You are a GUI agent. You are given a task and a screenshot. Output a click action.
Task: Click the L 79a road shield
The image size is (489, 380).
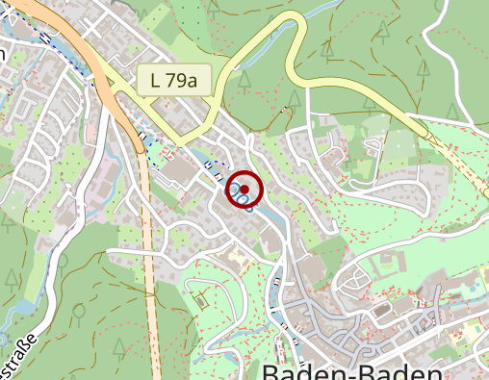click(173, 81)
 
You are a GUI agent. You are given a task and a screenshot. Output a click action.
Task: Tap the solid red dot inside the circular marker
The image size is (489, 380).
click(244, 190)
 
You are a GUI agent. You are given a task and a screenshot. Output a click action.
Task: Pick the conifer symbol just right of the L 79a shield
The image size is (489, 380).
click(243, 77)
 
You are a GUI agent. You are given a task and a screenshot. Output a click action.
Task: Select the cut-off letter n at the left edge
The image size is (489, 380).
click(3, 55)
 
